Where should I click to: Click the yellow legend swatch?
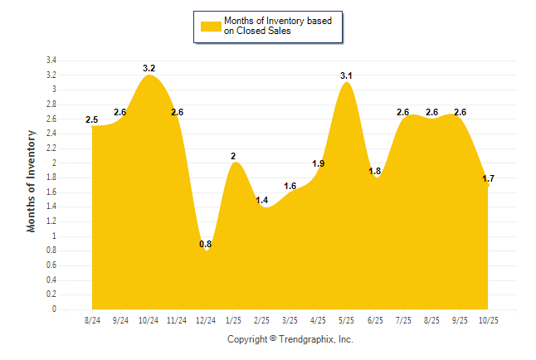click(x=210, y=26)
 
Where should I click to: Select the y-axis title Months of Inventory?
click(x=32, y=180)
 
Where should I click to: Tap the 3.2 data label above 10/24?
click(x=149, y=68)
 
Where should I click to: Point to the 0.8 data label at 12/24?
click(x=206, y=244)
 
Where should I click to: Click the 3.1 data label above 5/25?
click(x=346, y=75)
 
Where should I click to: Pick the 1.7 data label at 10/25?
click(x=489, y=178)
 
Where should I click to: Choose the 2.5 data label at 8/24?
click(x=92, y=119)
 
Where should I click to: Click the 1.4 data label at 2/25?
click(x=262, y=200)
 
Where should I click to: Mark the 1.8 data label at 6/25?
click(x=374, y=171)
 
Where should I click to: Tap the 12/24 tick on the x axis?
click(x=206, y=320)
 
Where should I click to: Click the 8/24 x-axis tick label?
click(x=93, y=320)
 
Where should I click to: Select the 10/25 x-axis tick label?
click(x=488, y=320)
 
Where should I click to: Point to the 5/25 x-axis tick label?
click(x=347, y=320)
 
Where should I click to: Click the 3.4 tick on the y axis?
click(x=51, y=61)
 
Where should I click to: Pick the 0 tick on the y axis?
click(x=54, y=309)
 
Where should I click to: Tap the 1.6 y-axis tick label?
click(x=51, y=192)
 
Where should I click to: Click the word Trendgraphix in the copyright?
click(x=306, y=339)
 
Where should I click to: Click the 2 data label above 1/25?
click(x=233, y=156)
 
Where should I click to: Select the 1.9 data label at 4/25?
click(x=318, y=163)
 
